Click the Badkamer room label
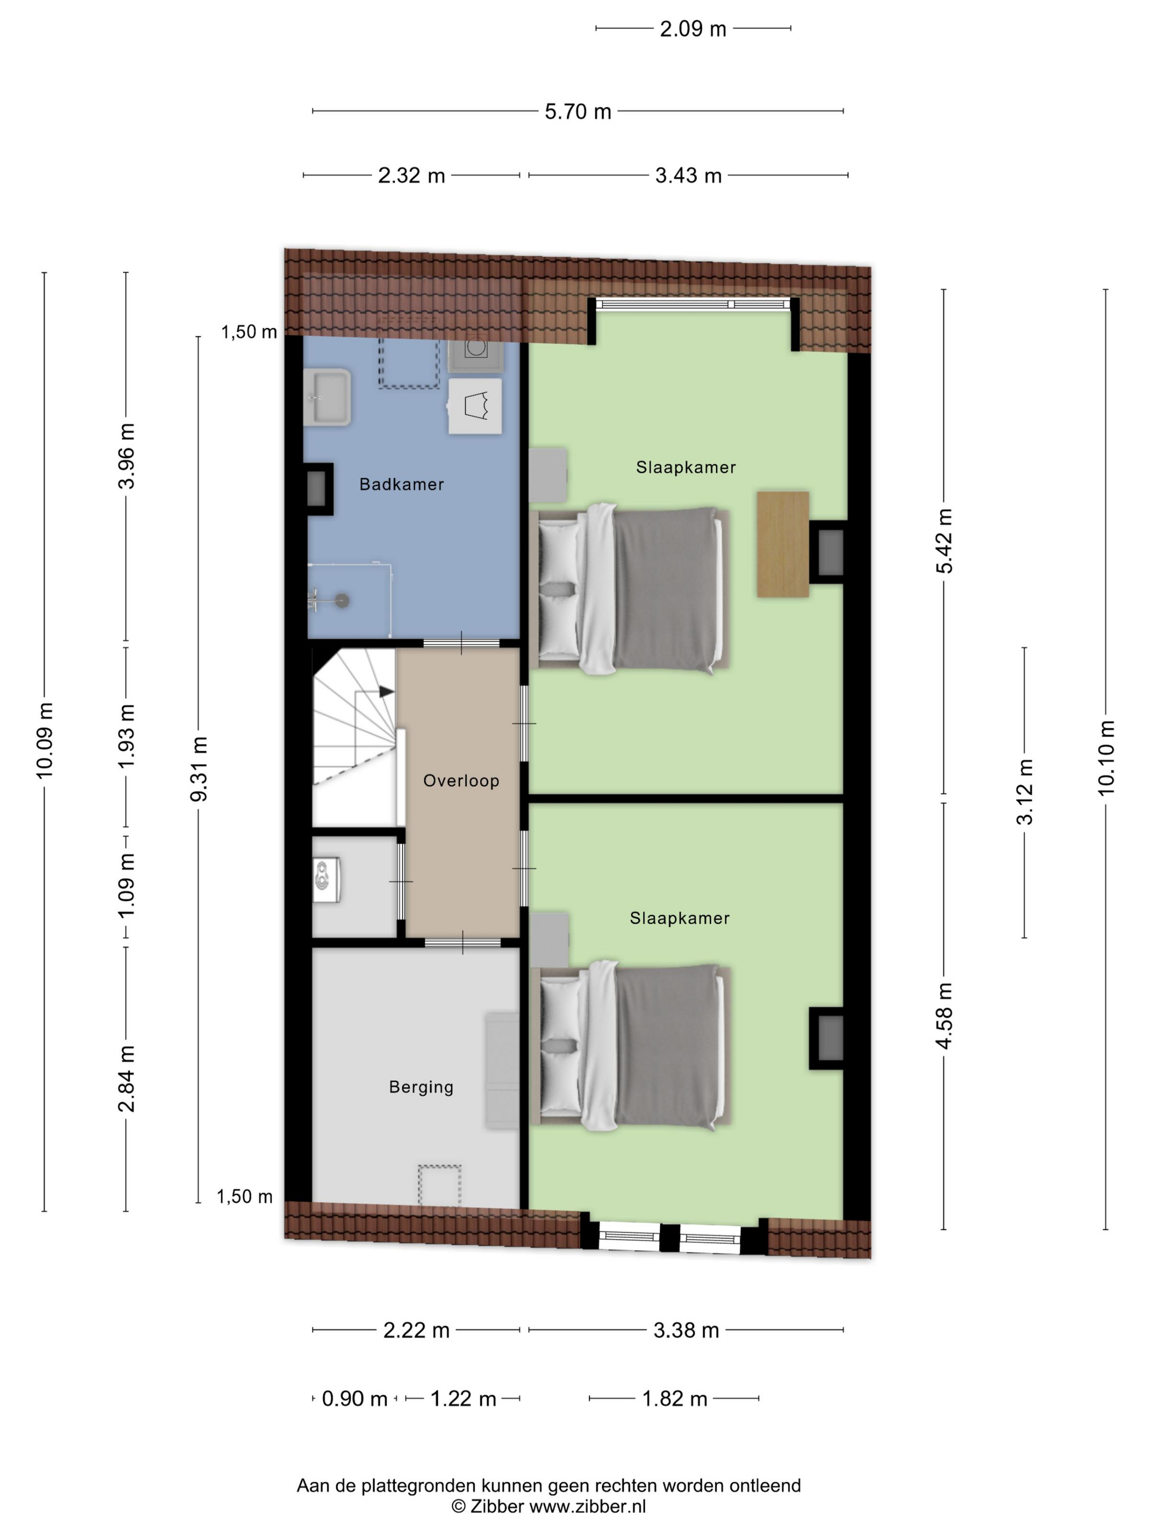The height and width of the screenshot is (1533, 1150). (x=401, y=484)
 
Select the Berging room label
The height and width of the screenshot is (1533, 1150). (x=421, y=1087)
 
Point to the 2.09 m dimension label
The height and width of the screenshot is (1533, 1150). (x=693, y=28)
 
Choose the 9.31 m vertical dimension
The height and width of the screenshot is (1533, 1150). (x=199, y=769)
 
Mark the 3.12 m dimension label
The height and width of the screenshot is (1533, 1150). (x=1025, y=792)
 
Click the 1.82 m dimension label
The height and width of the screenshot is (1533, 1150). (x=675, y=1398)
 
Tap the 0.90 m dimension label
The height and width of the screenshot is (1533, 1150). (x=354, y=1398)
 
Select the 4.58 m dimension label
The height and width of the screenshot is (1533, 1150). (x=944, y=1015)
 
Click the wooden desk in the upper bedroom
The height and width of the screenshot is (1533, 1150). (x=783, y=544)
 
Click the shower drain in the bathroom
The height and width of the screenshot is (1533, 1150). (x=342, y=600)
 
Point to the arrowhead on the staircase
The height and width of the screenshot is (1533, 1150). (x=387, y=691)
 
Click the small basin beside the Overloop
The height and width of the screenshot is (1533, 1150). (x=326, y=880)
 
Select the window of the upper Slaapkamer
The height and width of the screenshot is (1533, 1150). (x=693, y=303)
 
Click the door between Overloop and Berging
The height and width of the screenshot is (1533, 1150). (x=462, y=943)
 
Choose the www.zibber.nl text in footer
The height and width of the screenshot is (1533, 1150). (x=588, y=1506)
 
